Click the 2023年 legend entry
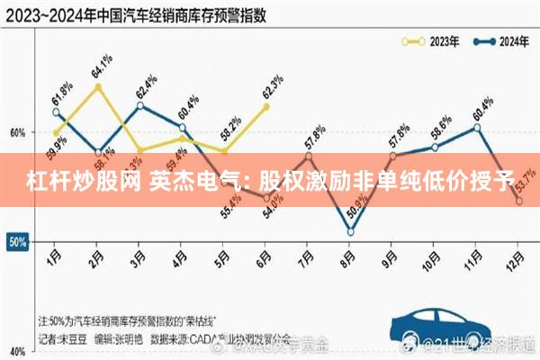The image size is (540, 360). click(429, 40)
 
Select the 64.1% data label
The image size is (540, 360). click(102, 67)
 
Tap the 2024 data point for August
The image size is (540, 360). click(351, 232)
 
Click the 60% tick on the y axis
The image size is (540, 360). click(17, 132)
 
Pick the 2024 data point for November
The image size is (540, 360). click(477, 127)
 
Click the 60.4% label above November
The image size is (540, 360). click(481, 106)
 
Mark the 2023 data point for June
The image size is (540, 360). click(265, 106)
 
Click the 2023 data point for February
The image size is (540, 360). click(97, 86)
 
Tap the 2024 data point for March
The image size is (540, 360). click(139, 106)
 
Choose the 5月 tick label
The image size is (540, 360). click(223, 260)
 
